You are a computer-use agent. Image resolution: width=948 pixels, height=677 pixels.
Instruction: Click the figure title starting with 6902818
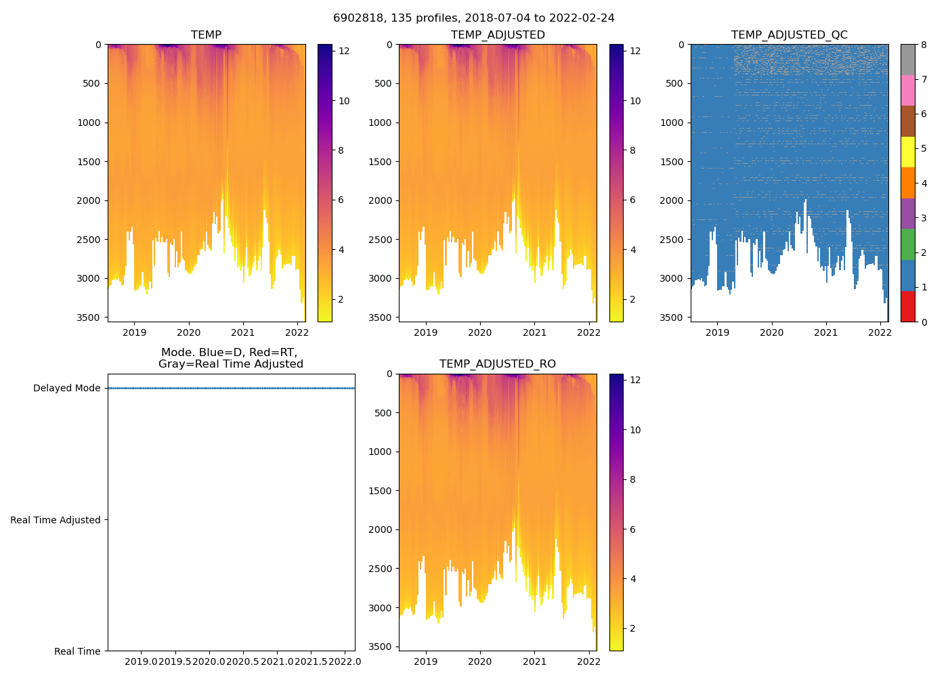[473, 18]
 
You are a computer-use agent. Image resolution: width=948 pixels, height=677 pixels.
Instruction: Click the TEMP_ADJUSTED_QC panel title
[789, 35]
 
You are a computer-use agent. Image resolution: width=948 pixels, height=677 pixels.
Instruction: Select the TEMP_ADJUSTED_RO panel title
[498, 364]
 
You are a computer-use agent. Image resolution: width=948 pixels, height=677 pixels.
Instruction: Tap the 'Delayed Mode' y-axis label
[66, 389]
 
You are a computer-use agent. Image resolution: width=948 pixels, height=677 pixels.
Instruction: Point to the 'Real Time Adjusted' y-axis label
[56, 520]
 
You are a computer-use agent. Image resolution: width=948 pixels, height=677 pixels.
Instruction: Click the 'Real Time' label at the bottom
[77, 651]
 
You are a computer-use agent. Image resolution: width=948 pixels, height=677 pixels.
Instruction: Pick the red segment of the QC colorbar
[907, 307]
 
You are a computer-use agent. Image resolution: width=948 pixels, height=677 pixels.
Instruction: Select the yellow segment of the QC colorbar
[907, 152]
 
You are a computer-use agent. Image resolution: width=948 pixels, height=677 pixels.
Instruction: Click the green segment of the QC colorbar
[907, 244]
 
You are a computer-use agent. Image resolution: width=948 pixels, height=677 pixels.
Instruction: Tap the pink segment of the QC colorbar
[907, 90]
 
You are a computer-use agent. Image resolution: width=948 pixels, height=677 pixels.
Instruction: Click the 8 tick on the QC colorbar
[923, 44]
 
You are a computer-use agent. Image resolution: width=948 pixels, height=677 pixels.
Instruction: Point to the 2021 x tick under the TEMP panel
[243, 332]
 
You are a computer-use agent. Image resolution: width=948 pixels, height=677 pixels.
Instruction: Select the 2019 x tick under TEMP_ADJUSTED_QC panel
[717, 332]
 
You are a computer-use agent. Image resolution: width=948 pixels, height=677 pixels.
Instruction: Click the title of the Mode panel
[230, 358]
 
